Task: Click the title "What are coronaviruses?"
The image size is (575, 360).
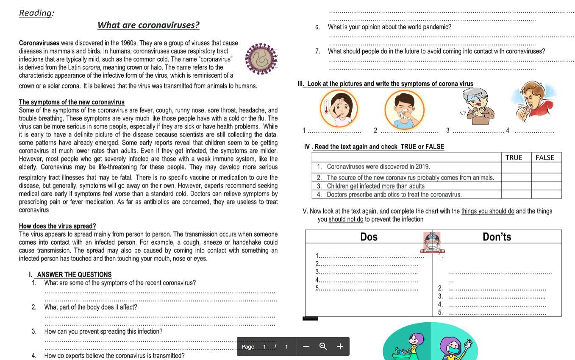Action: (x=148, y=25)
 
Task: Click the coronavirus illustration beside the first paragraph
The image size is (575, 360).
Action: (x=261, y=59)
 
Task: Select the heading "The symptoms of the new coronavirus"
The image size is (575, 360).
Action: (x=72, y=102)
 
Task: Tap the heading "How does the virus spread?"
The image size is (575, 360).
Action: (x=57, y=226)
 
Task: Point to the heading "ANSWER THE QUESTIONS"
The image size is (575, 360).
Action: (x=74, y=275)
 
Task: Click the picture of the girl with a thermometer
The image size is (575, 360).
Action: (x=339, y=108)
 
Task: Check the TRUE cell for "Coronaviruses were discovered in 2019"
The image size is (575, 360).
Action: (x=516, y=167)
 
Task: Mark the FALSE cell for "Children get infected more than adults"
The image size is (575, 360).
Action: (x=546, y=186)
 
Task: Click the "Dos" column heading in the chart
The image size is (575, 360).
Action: (x=369, y=237)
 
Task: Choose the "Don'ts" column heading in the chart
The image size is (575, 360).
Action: (x=497, y=237)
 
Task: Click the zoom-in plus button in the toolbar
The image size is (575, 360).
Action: (x=340, y=346)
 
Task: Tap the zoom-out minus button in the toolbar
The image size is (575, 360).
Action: (x=306, y=346)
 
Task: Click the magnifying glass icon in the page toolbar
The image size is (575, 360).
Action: (x=323, y=346)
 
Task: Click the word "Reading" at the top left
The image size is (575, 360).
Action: (x=35, y=13)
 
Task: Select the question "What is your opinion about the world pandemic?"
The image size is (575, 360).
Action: (x=389, y=27)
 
